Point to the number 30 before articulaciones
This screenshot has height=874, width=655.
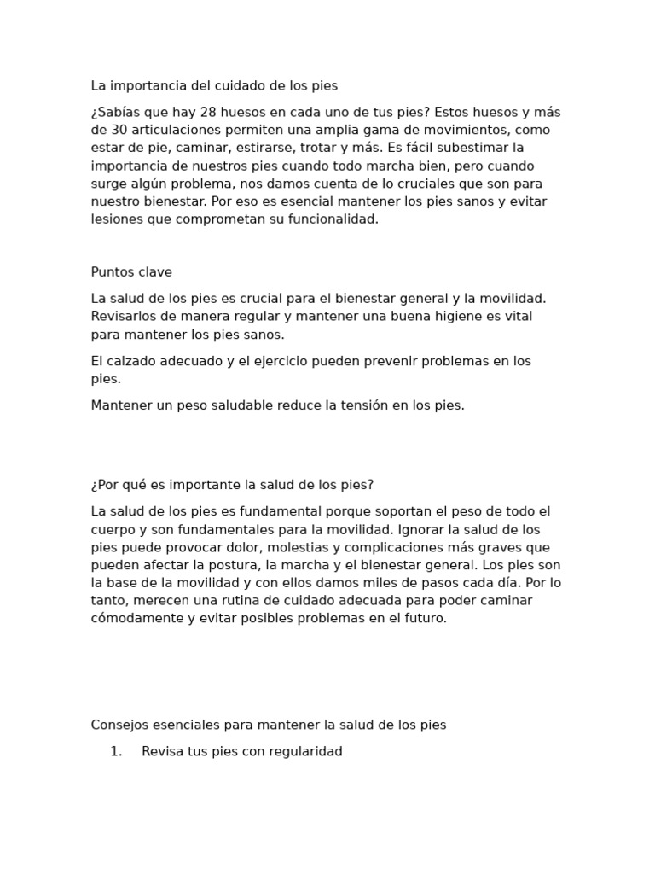tap(119, 131)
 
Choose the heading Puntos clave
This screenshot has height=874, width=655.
tap(131, 272)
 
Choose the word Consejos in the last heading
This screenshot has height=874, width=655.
tap(120, 725)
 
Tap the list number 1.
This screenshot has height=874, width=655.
tap(116, 752)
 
